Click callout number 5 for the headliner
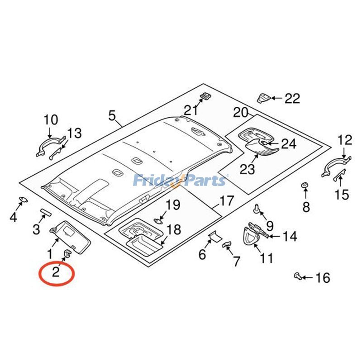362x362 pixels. pyautogui.click(x=112, y=115)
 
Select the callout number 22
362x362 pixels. pyautogui.click(x=292, y=98)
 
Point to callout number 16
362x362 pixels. pyautogui.click(x=323, y=278)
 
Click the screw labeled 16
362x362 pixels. pyautogui.click(x=297, y=276)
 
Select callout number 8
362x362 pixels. pyautogui.click(x=306, y=207)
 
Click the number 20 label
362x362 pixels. pyautogui.click(x=241, y=112)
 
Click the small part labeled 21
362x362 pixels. pyautogui.click(x=205, y=96)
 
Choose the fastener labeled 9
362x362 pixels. pyautogui.click(x=257, y=209)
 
